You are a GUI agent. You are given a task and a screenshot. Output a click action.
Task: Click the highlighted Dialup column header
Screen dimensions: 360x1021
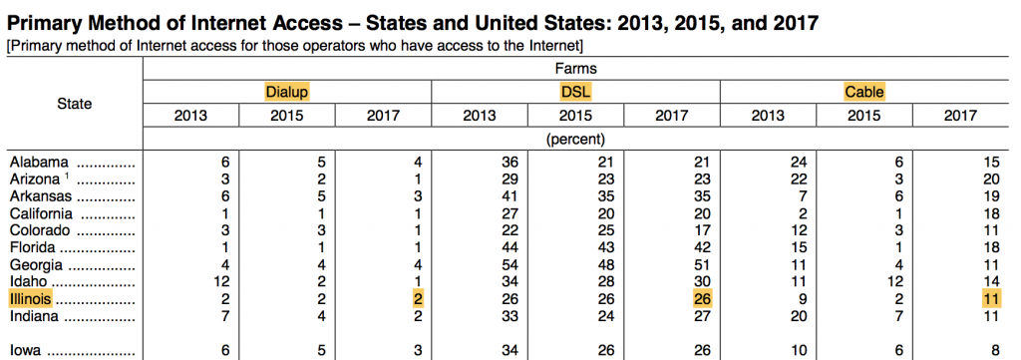287,92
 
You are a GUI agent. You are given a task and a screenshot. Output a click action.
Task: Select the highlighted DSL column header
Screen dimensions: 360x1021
575,92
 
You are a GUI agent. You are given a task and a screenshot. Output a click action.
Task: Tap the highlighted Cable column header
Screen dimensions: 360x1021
864,92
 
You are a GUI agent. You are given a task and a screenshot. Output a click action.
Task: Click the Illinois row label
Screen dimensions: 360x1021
29,299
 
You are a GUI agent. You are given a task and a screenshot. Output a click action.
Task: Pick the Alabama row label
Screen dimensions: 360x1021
37,161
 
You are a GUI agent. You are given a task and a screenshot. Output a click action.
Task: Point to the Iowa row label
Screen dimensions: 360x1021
26,351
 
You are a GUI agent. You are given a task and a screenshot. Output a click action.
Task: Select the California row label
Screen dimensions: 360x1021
40,212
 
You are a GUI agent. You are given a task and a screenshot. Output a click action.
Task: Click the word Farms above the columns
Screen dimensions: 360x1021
575,69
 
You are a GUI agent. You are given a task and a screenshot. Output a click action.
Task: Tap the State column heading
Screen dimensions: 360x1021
74,103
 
